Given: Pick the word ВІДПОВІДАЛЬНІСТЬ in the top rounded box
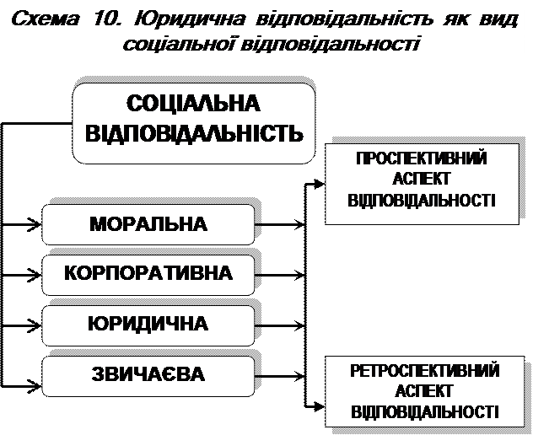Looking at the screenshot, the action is (193, 133).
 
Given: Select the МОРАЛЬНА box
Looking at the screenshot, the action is (148, 224).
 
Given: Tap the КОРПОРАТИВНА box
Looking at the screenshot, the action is (148, 274).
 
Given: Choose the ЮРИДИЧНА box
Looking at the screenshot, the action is (148, 323).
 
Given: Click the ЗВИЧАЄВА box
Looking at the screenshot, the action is (148, 372).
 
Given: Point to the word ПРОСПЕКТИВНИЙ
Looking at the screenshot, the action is (421, 158).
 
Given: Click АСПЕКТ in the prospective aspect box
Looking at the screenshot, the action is (421, 180).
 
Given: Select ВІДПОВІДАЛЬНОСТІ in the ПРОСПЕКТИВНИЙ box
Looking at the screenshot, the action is (421, 201).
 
